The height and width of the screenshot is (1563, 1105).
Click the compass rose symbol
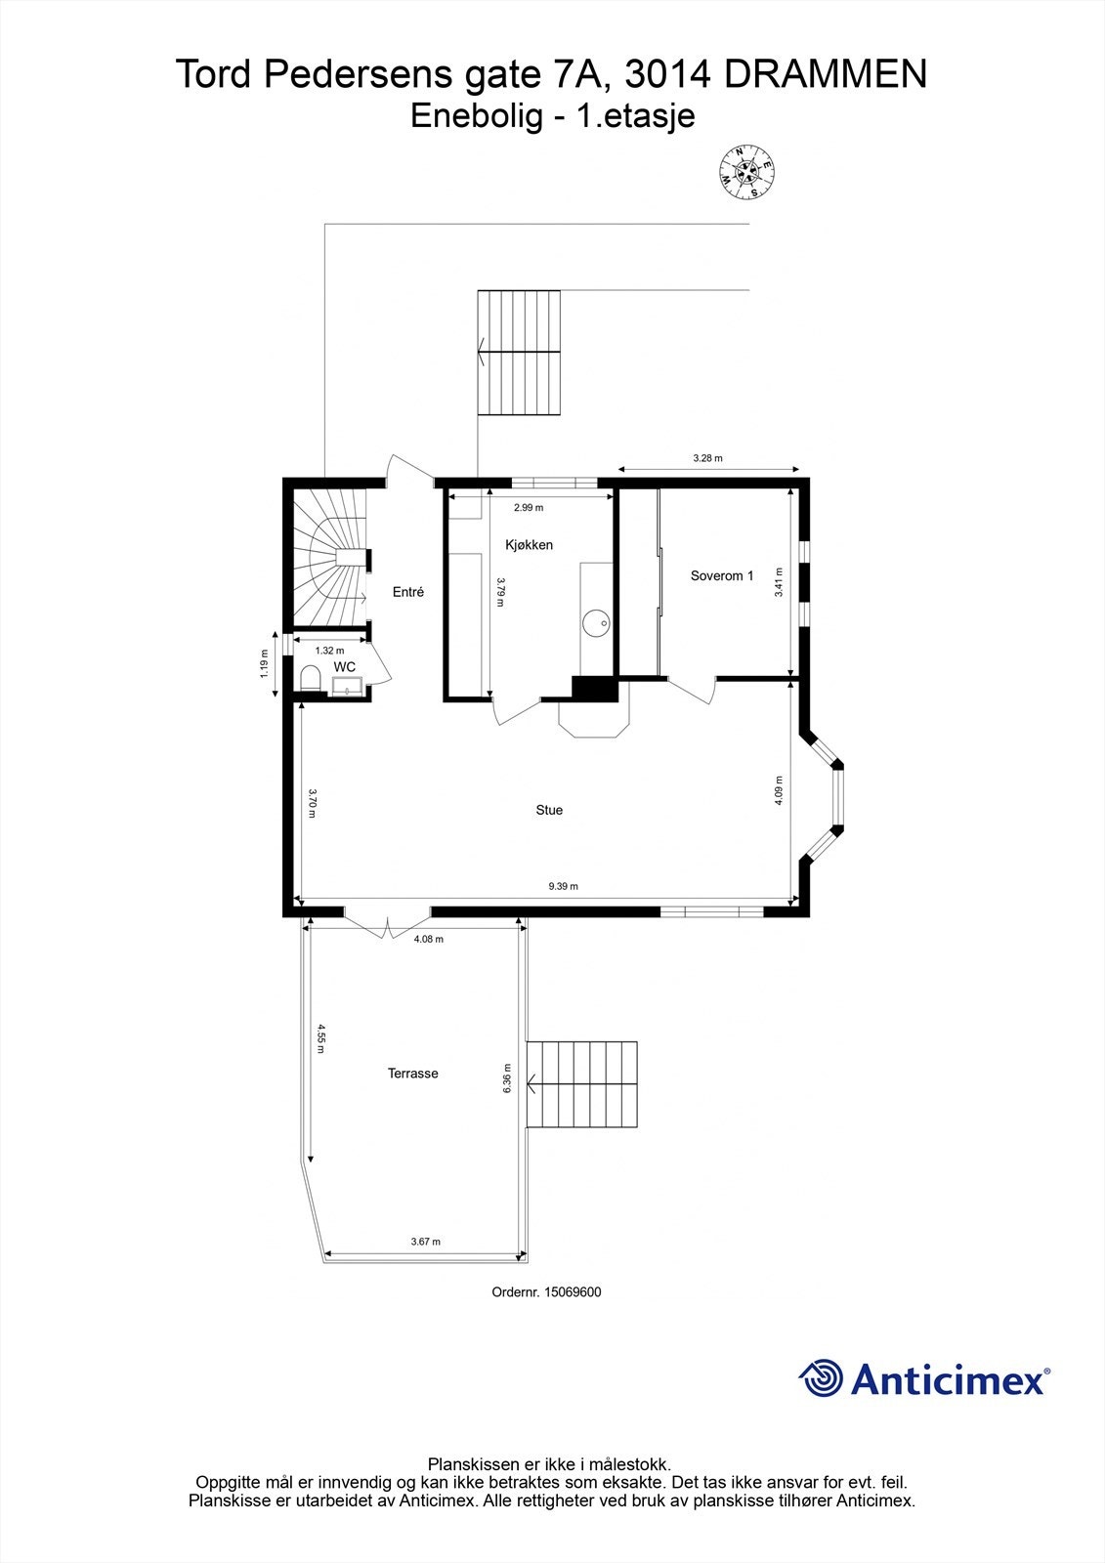click(x=748, y=171)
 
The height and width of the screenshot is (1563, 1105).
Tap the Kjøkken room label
click(x=529, y=545)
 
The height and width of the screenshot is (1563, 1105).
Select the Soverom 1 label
click(x=721, y=575)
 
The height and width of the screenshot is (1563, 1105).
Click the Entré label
click(x=408, y=592)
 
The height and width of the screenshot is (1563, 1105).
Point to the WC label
click(x=345, y=666)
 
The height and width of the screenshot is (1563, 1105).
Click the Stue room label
click(x=549, y=810)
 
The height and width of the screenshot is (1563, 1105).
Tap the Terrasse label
click(x=412, y=1074)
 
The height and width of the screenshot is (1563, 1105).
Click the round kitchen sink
click(x=595, y=620)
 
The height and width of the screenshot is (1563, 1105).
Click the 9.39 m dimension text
click(x=563, y=887)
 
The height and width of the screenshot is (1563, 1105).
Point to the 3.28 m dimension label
click(x=707, y=458)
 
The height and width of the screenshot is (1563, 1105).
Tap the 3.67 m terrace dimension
click(x=425, y=1242)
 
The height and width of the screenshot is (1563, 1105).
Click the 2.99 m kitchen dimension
click(x=529, y=507)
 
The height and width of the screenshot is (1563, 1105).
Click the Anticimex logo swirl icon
click(x=821, y=1378)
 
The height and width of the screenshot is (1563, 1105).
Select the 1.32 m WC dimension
click(x=329, y=651)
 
